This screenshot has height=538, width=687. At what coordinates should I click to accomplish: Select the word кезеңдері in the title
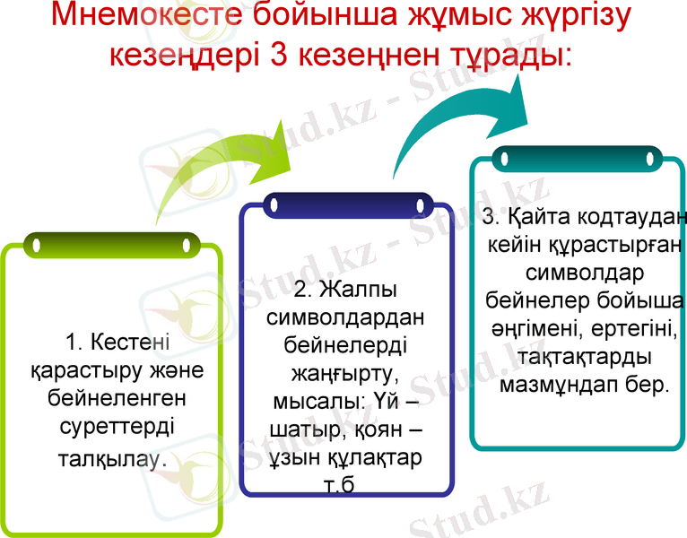[184, 55]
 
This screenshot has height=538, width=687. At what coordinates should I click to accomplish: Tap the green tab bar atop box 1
[111, 243]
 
